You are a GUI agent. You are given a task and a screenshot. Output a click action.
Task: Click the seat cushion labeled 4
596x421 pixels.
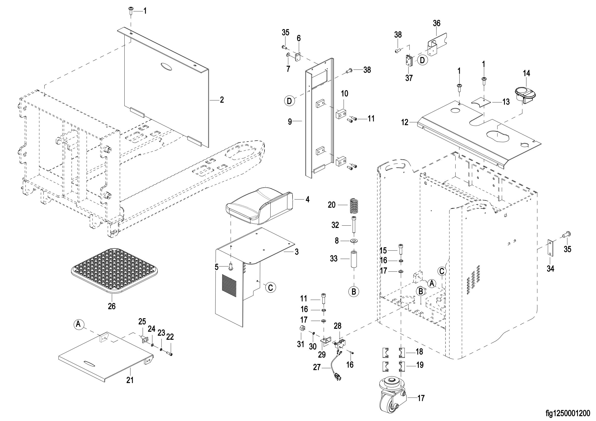[x=260, y=206]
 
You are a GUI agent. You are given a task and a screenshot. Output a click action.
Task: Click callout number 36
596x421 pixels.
[x=437, y=23]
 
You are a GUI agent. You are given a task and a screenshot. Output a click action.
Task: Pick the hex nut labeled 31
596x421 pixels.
[x=302, y=335]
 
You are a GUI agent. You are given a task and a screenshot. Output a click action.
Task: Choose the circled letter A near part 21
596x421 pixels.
[x=78, y=324]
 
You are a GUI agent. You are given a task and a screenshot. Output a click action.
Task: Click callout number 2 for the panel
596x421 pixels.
[x=222, y=100]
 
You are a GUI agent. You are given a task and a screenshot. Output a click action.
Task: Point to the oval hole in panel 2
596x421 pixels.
[x=166, y=66]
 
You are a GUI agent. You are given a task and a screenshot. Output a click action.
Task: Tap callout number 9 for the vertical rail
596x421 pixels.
[x=290, y=121]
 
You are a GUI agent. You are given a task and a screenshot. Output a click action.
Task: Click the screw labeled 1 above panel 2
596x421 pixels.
[x=130, y=11]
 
